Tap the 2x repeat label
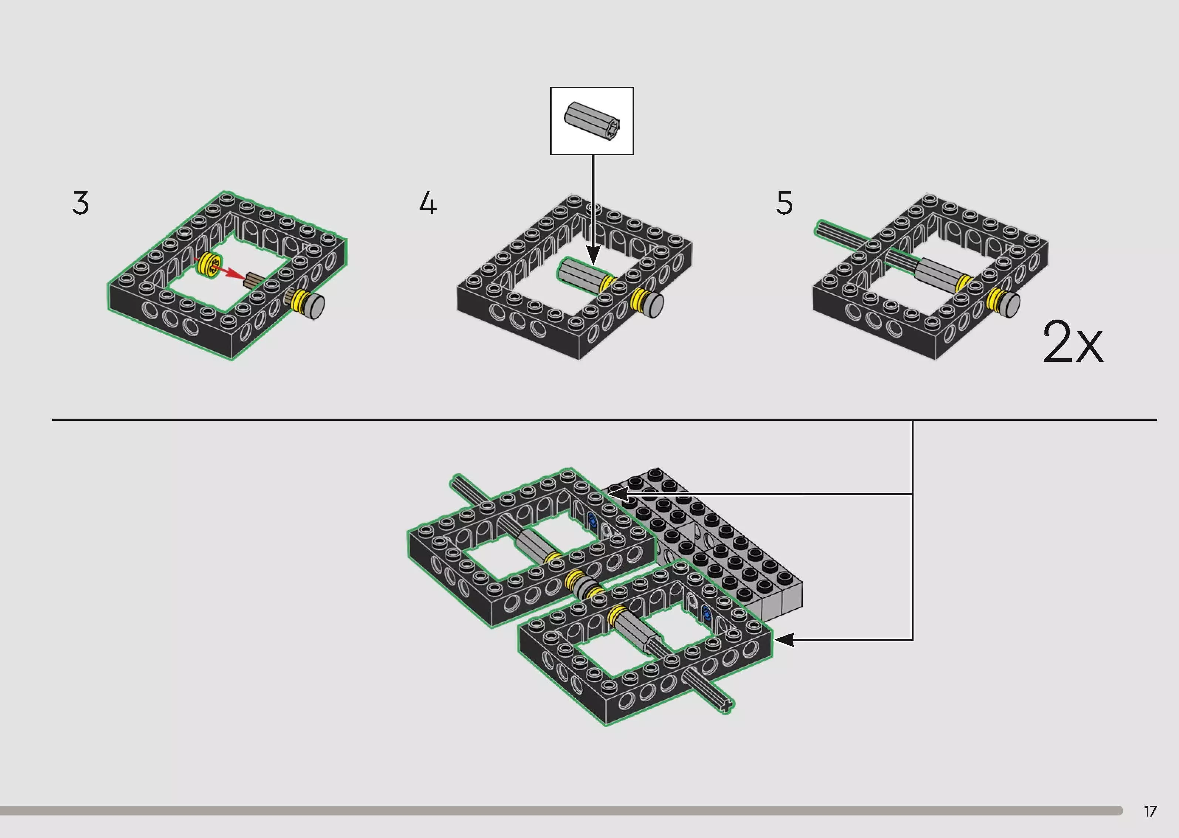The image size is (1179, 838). [x=1073, y=342]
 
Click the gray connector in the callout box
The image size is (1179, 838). [x=592, y=121]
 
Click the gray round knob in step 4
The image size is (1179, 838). [x=654, y=305]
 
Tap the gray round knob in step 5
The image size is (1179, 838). [x=1009, y=304]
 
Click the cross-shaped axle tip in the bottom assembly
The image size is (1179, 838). [x=726, y=705]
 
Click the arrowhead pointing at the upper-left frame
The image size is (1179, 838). [x=616, y=494]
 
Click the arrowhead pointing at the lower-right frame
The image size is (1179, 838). [x=783, y=640]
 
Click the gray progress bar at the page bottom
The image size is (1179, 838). [x=561, y=811]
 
